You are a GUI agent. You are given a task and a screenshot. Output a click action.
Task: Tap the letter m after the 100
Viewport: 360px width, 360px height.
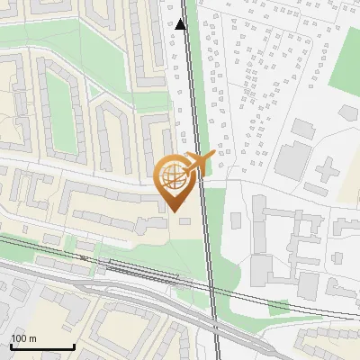pos(31,338)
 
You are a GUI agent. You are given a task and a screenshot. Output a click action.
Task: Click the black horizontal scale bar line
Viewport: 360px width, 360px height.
pos(42,346)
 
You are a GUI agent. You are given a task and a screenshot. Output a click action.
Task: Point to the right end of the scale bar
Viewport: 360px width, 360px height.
pos(74,346)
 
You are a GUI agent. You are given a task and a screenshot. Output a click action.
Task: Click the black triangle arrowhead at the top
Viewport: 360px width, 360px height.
pos(181,24)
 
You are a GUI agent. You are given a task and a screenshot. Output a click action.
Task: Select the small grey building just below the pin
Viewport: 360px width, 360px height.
pos(185,221)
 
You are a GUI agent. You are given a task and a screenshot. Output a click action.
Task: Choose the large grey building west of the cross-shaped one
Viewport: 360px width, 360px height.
pos(292,158)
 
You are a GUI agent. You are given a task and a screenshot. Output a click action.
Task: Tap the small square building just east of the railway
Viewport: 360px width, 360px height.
pos(236,220)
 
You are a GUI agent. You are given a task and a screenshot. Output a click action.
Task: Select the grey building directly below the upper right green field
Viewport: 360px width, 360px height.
pos(348,112)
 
